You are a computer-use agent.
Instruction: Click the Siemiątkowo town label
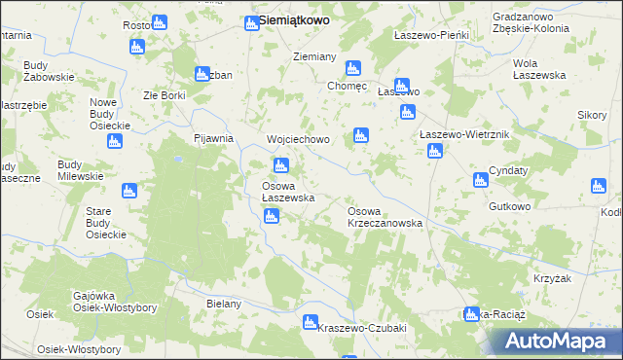[293, 19]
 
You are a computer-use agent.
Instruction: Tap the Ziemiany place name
[314, 56]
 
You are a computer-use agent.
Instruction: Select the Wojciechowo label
[299, 139]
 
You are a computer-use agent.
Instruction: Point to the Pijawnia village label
[214, 138]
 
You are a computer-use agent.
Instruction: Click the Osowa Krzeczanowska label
[385, 216]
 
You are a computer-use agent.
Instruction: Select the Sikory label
[592, 115]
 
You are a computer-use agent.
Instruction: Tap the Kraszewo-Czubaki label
[361, 328]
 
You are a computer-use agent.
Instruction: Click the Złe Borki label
[164, 95]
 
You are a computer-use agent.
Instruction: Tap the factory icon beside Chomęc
[353, 69]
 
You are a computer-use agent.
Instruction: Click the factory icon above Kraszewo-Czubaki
[311, 322]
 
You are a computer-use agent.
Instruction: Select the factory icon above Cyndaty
[480, 180]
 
